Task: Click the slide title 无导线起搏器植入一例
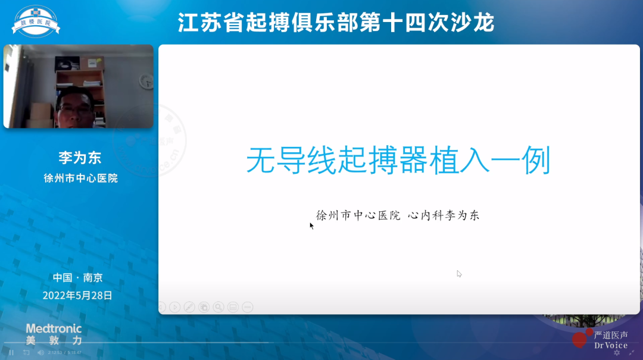(x=398, y=161)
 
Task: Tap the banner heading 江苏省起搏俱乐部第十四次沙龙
(x=336, y=23)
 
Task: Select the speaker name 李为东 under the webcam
(x=80, y=158)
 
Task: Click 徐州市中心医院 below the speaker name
(x=80, y=178)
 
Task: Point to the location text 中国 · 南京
(x=77, y=277)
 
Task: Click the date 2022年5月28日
(x=77, y=295)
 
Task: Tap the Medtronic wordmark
(x=54, y=328)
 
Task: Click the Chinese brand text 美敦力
(x=54, y=341)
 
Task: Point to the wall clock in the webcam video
(x=145, y=80)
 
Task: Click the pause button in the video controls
(x=11, y=352)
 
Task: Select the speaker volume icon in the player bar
(x=40, y=352)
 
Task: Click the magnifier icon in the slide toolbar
(x=219, y=307)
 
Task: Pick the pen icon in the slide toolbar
(x=189, y=307)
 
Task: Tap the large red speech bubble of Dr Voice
(x=579, y=340)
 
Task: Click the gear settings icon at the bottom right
(x=617, y=352)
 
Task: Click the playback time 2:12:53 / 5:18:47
(x=65, y=352)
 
